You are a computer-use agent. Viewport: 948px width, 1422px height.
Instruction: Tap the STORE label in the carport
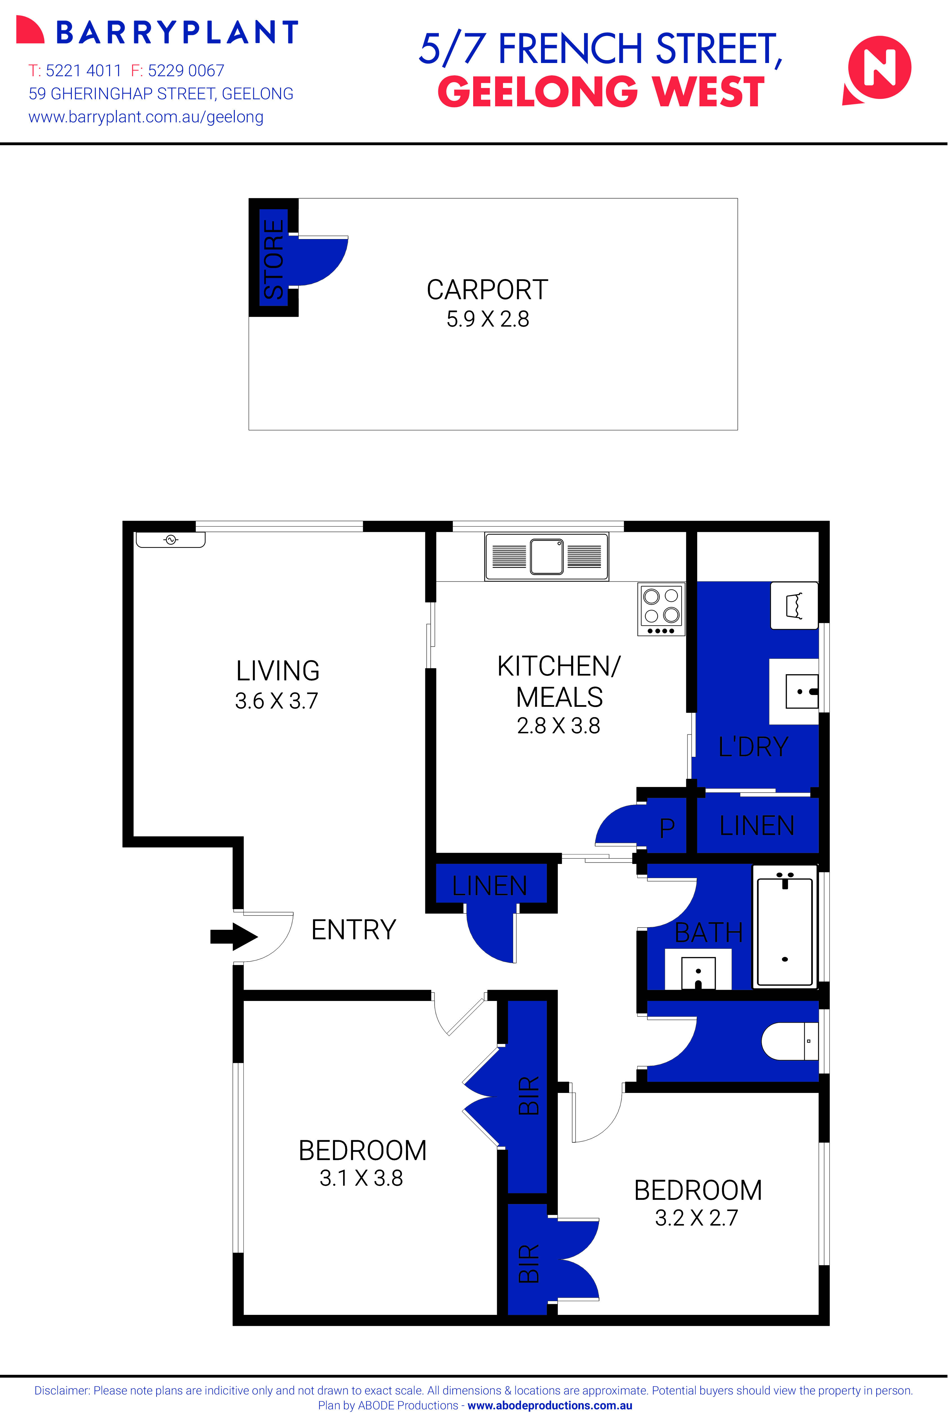[x=273, y=258]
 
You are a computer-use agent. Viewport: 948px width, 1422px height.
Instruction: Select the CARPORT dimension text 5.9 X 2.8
[x=487, y=319]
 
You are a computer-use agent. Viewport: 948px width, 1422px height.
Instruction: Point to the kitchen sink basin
[x=547, y=556]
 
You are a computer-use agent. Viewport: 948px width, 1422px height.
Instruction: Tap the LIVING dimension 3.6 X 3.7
[x=276, y=701]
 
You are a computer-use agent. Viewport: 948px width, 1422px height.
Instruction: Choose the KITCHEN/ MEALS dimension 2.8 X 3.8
[x=558, y=726]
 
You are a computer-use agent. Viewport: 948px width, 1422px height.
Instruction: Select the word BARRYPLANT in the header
[x=177, y=33]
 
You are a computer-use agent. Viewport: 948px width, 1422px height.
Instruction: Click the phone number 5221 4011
[x=83, y=71]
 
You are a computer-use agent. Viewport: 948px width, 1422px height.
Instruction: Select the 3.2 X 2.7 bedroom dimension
[x=696, y=1217]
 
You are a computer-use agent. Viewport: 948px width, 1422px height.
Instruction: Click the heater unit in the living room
[x=171, y=539]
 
